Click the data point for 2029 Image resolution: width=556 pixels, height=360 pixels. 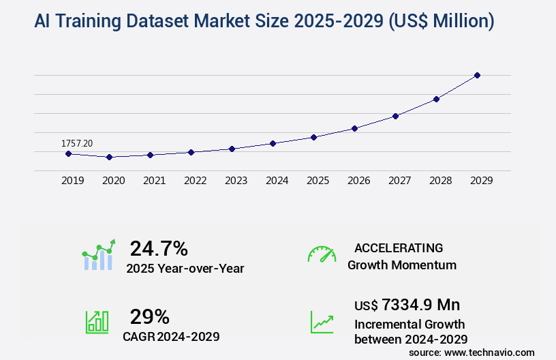pyautogui.click(x=477, y=75)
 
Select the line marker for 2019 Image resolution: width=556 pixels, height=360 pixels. pyautogui.click(x=68, y=153)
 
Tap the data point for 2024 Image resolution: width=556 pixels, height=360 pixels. pyautogui.click(x=273, y=143)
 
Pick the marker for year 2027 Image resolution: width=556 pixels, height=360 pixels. pyautogui.click(x=395, y=116)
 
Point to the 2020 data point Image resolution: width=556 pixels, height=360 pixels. pyautogui.click(x=109, y=157)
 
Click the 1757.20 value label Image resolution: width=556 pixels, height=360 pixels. pyautogui.click(x=77, y=143)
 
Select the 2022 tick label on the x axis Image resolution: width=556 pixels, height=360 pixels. pyautogui.click(x=196, y=181)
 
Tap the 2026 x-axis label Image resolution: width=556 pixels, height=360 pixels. pyautogui.click(x=359, y=181)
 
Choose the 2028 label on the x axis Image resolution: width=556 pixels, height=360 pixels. pyautogui.click(x=441, y=181)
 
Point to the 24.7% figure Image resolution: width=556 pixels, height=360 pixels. pyautogui.click(x=159, y=248)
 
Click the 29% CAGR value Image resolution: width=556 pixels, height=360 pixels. pyautogui.click(x=149, y=316)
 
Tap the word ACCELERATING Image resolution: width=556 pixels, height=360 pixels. pyautogui.click(x=399, y=247)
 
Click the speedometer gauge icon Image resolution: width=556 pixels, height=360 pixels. pyautogui.click(x=322, y=254)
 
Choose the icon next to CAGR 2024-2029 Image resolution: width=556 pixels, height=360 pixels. pyautogui.click(x=96, y=322)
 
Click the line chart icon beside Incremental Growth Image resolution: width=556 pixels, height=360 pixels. pyautogui.click(x=322, y=322)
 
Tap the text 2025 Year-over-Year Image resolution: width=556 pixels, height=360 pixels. pyautogui.click(x=185, y=268)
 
